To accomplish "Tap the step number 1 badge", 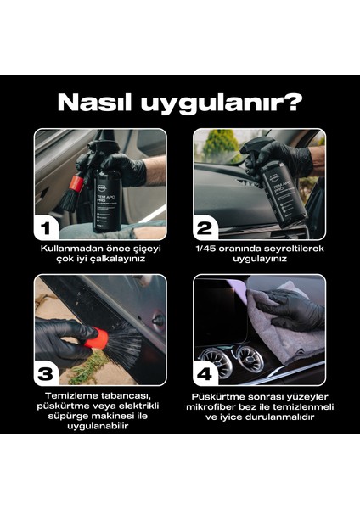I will click(x=48, y=227).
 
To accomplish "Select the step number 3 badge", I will click(x=48, y=371).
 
